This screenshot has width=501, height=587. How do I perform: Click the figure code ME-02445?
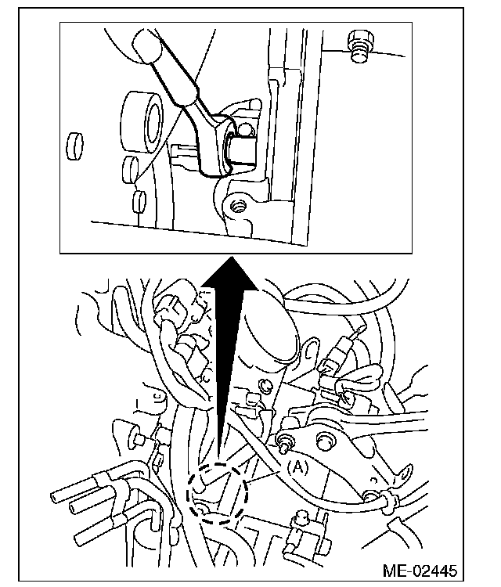(x=421, y=569)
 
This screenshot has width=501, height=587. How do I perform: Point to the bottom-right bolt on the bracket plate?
(x=369, y=495)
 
